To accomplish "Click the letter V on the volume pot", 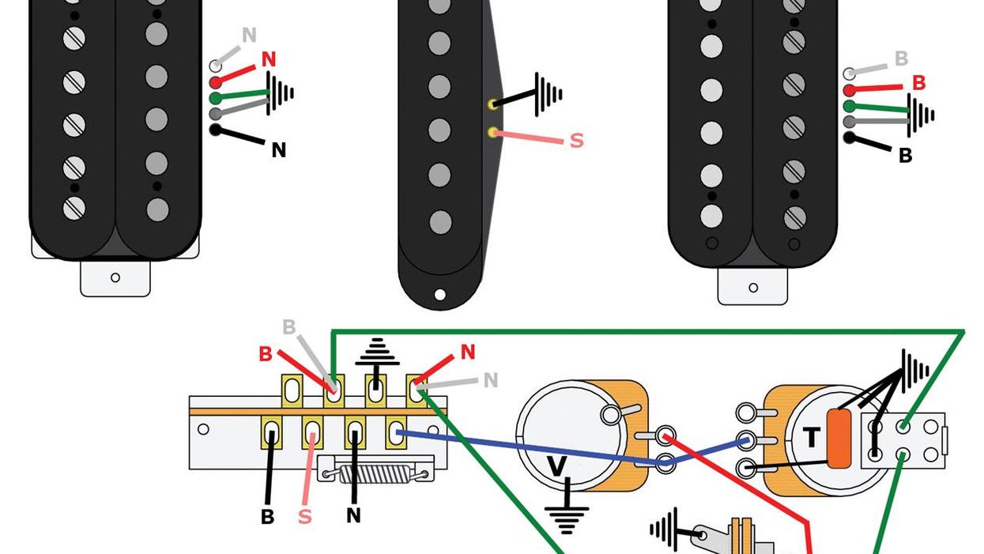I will click(x=557, y=466).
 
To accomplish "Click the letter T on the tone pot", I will click(x=812, y=437).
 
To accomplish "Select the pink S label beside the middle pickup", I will click(x=576, y=141).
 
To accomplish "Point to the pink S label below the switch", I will click(x=305, y=516).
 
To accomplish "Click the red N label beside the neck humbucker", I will click(x=269, y=58).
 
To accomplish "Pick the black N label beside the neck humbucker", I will click(x=278, y=149).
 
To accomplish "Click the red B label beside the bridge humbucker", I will click(x=918, y=82).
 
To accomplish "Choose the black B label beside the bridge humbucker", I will click(x=906, y=156).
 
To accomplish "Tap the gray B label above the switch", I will click(x=288, y=326).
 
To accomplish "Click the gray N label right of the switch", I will click(x=491, y=380).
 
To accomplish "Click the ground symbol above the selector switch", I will click(x=377, y=352).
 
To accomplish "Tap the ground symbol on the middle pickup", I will click(x=548, y=93).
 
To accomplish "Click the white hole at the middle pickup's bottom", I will click(x=440, y=295).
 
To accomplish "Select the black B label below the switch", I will click(x=267, y=516).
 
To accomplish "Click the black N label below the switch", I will click(x=353, y=515).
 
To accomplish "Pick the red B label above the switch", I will click(x=266, y=353).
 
